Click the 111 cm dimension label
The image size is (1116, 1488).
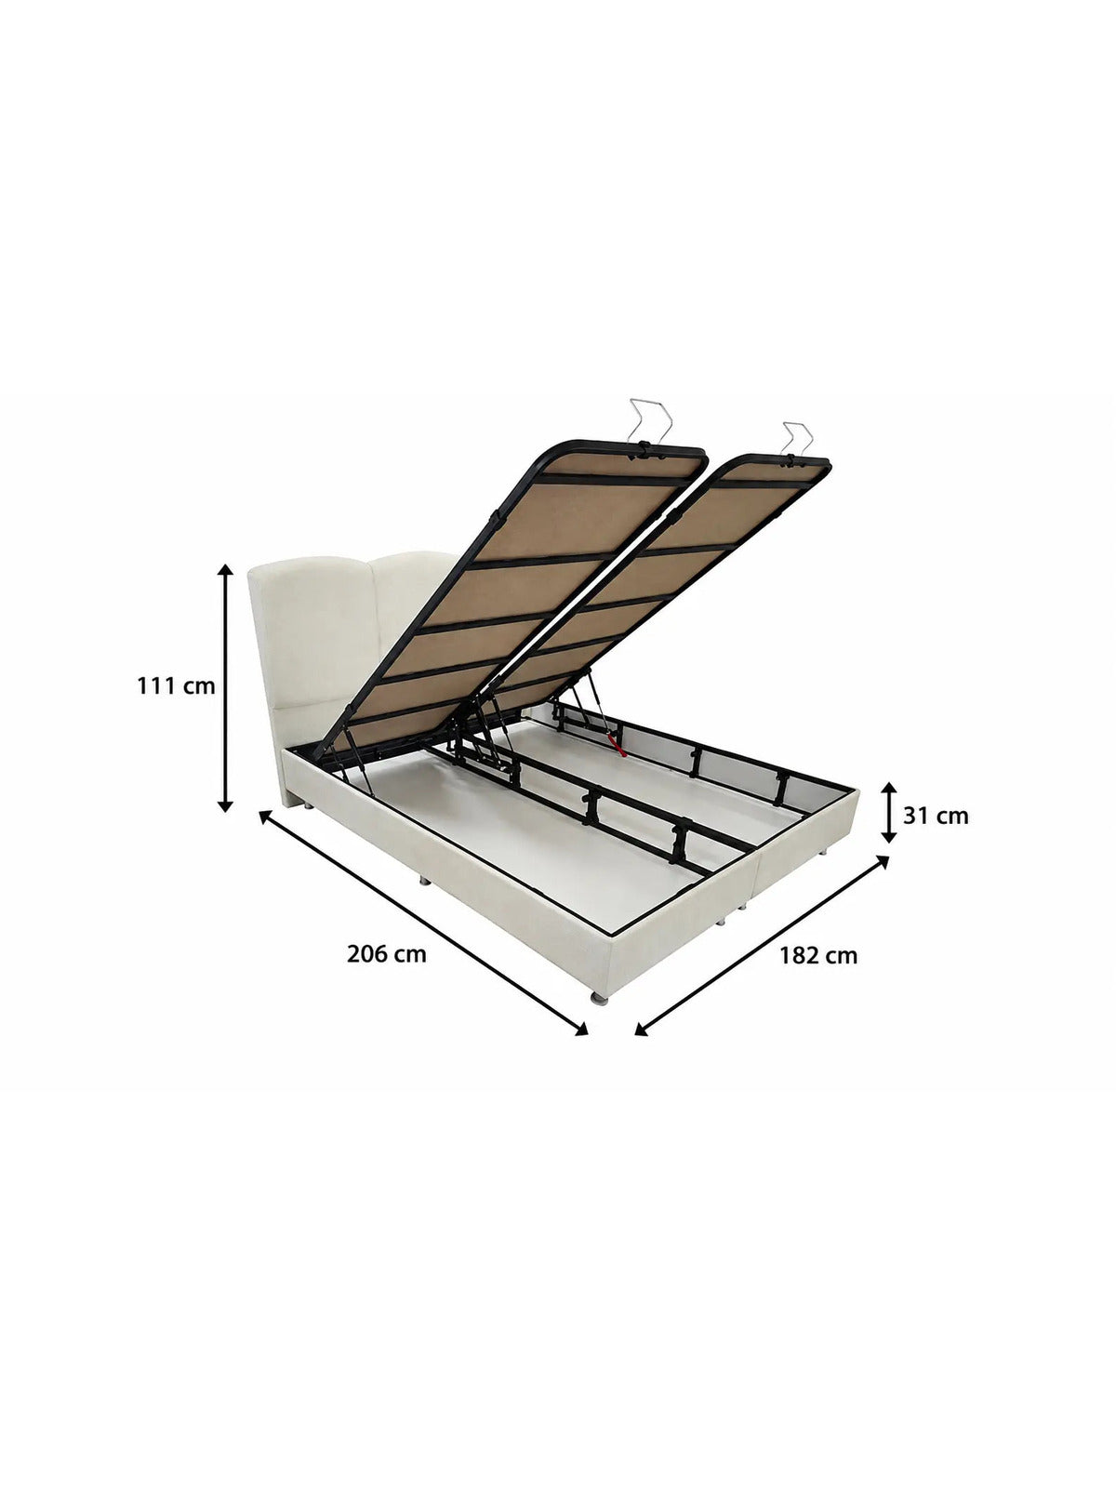[x=176, y=686]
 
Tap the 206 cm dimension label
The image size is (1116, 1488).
[x=387, y=954]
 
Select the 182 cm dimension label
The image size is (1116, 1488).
[x=817, y=956]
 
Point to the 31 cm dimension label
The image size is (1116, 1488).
[x=936, y=816]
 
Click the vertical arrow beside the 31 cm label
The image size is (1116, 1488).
[x=889, y=812]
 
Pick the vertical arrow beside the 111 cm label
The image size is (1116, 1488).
[x=226, y=686]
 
